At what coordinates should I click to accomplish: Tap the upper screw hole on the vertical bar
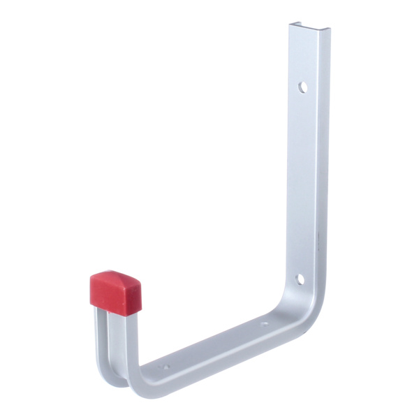pos(302,87)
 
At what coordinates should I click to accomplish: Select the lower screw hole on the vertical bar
pos(299,279)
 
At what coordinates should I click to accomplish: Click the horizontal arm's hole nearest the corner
pos(264,323)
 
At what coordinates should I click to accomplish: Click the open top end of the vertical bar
pos(309,28)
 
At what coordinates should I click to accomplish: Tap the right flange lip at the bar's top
pos(327,31)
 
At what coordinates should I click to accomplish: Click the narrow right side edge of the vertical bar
pos(324,175)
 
